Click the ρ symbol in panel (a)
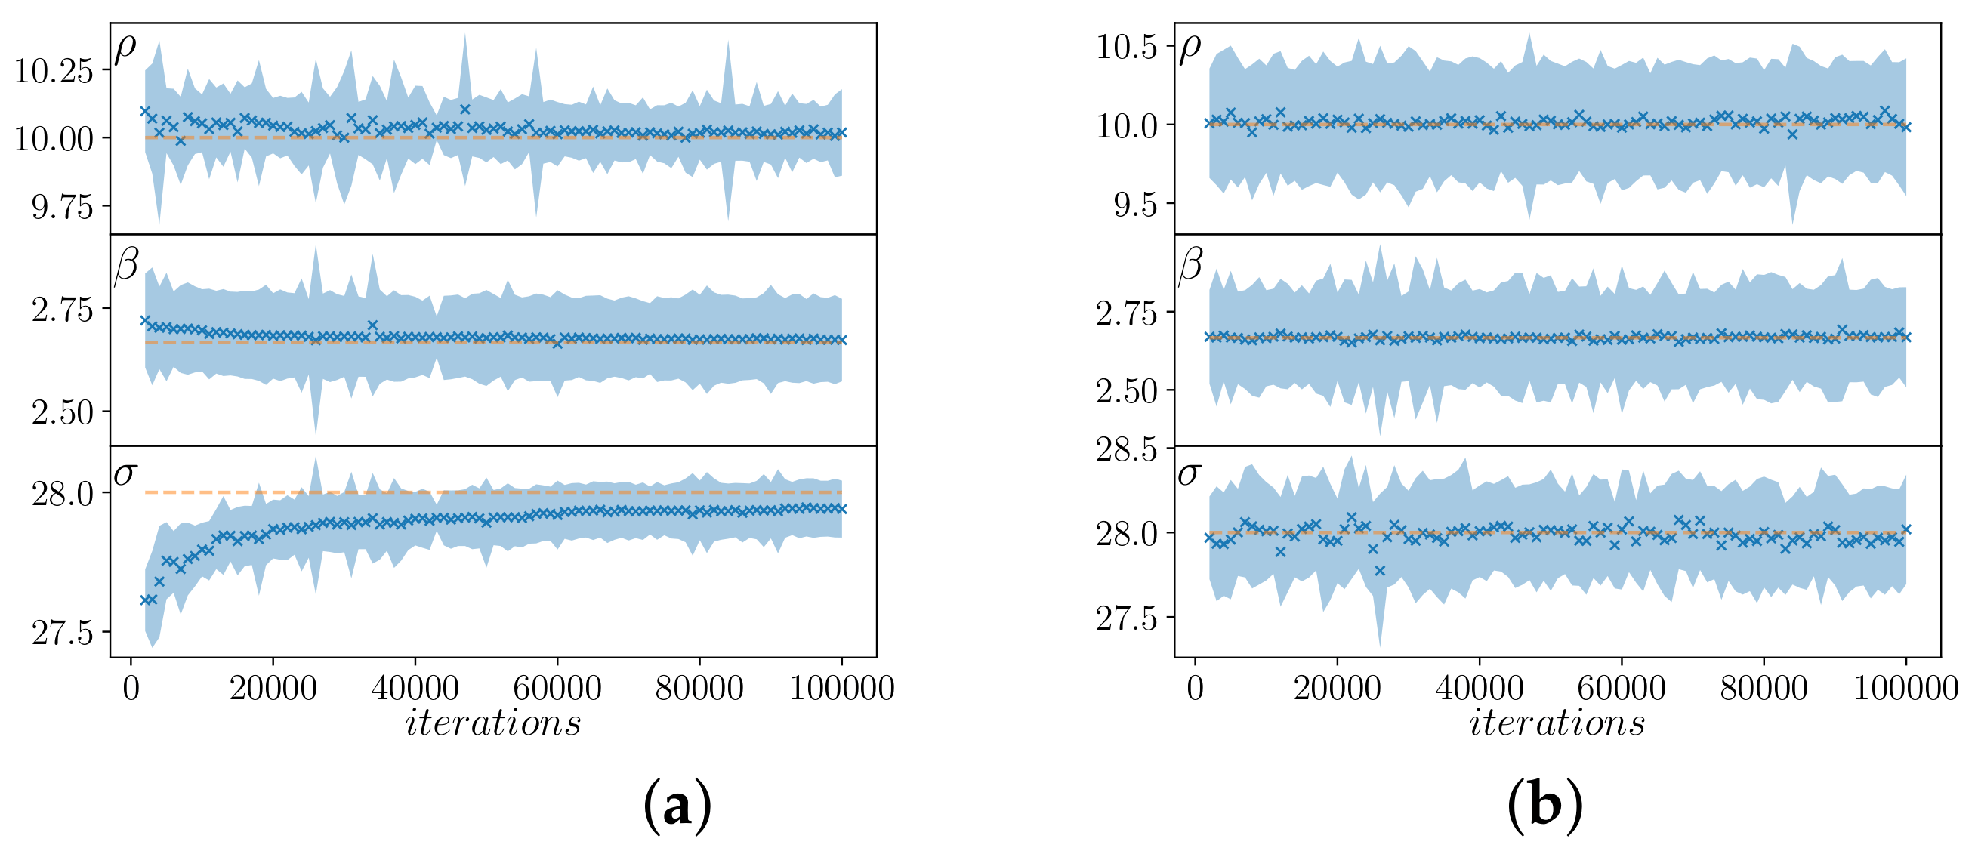(125, 48)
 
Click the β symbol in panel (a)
(126, 265)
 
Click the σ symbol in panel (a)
(125, 473)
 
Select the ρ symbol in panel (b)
(1190, 48)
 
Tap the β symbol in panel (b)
(1190, 265)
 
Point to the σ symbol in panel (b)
(1189, 474)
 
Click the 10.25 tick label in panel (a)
(54, 71)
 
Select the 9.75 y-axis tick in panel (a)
(62, 208)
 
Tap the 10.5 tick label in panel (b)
(1126, 48)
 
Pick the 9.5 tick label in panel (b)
(1135, 205)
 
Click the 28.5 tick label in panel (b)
(1126, 449)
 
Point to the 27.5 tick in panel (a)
(62, 634)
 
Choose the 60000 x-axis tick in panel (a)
(557, 688)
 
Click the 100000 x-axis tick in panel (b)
(1905, 688)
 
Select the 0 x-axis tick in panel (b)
(1195, 688)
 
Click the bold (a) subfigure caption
(677, 805)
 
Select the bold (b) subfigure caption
(1545, 805)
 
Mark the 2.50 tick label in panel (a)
(62, 412)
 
